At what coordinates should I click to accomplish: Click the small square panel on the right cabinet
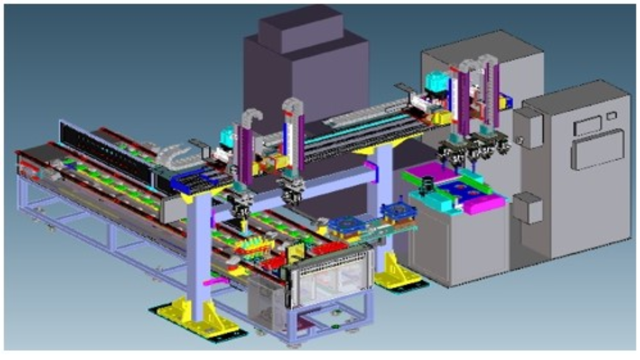click(611, 115)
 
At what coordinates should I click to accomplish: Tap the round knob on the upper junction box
click(520, 140)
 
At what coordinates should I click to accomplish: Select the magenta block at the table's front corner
click(484, 205)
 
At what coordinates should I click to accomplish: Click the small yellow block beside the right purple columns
click(505, 102)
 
